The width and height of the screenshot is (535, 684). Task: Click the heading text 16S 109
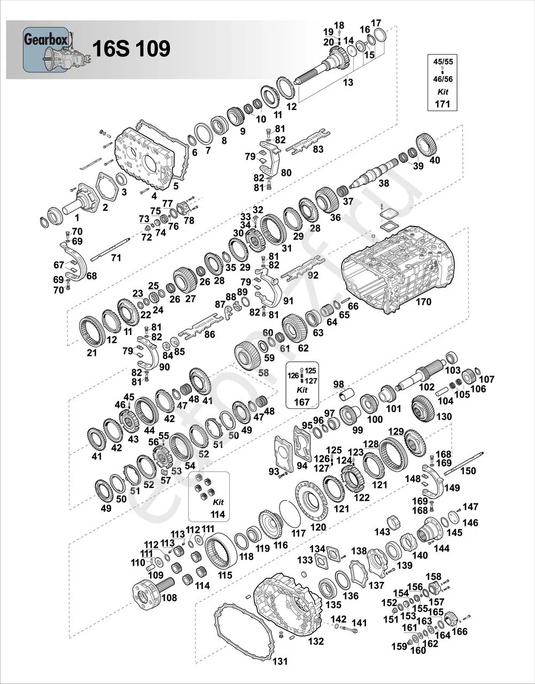[131, 49]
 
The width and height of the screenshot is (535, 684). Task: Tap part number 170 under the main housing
[423, 302]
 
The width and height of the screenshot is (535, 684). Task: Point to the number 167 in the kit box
[302, 401]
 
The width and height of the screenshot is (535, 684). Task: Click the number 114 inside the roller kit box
[218, 514]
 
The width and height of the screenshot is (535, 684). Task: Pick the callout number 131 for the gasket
[280, 661]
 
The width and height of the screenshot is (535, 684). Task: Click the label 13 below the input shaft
[348, 82]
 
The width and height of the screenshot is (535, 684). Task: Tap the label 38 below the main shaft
[383, 183]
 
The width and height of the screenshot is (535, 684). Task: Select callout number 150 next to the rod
[468, 471]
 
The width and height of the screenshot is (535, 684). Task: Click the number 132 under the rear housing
[316, 641]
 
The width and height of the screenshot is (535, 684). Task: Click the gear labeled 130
[424, 407]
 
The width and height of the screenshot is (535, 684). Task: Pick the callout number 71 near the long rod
[116, 258]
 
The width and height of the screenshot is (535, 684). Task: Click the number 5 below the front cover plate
[176, 186]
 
